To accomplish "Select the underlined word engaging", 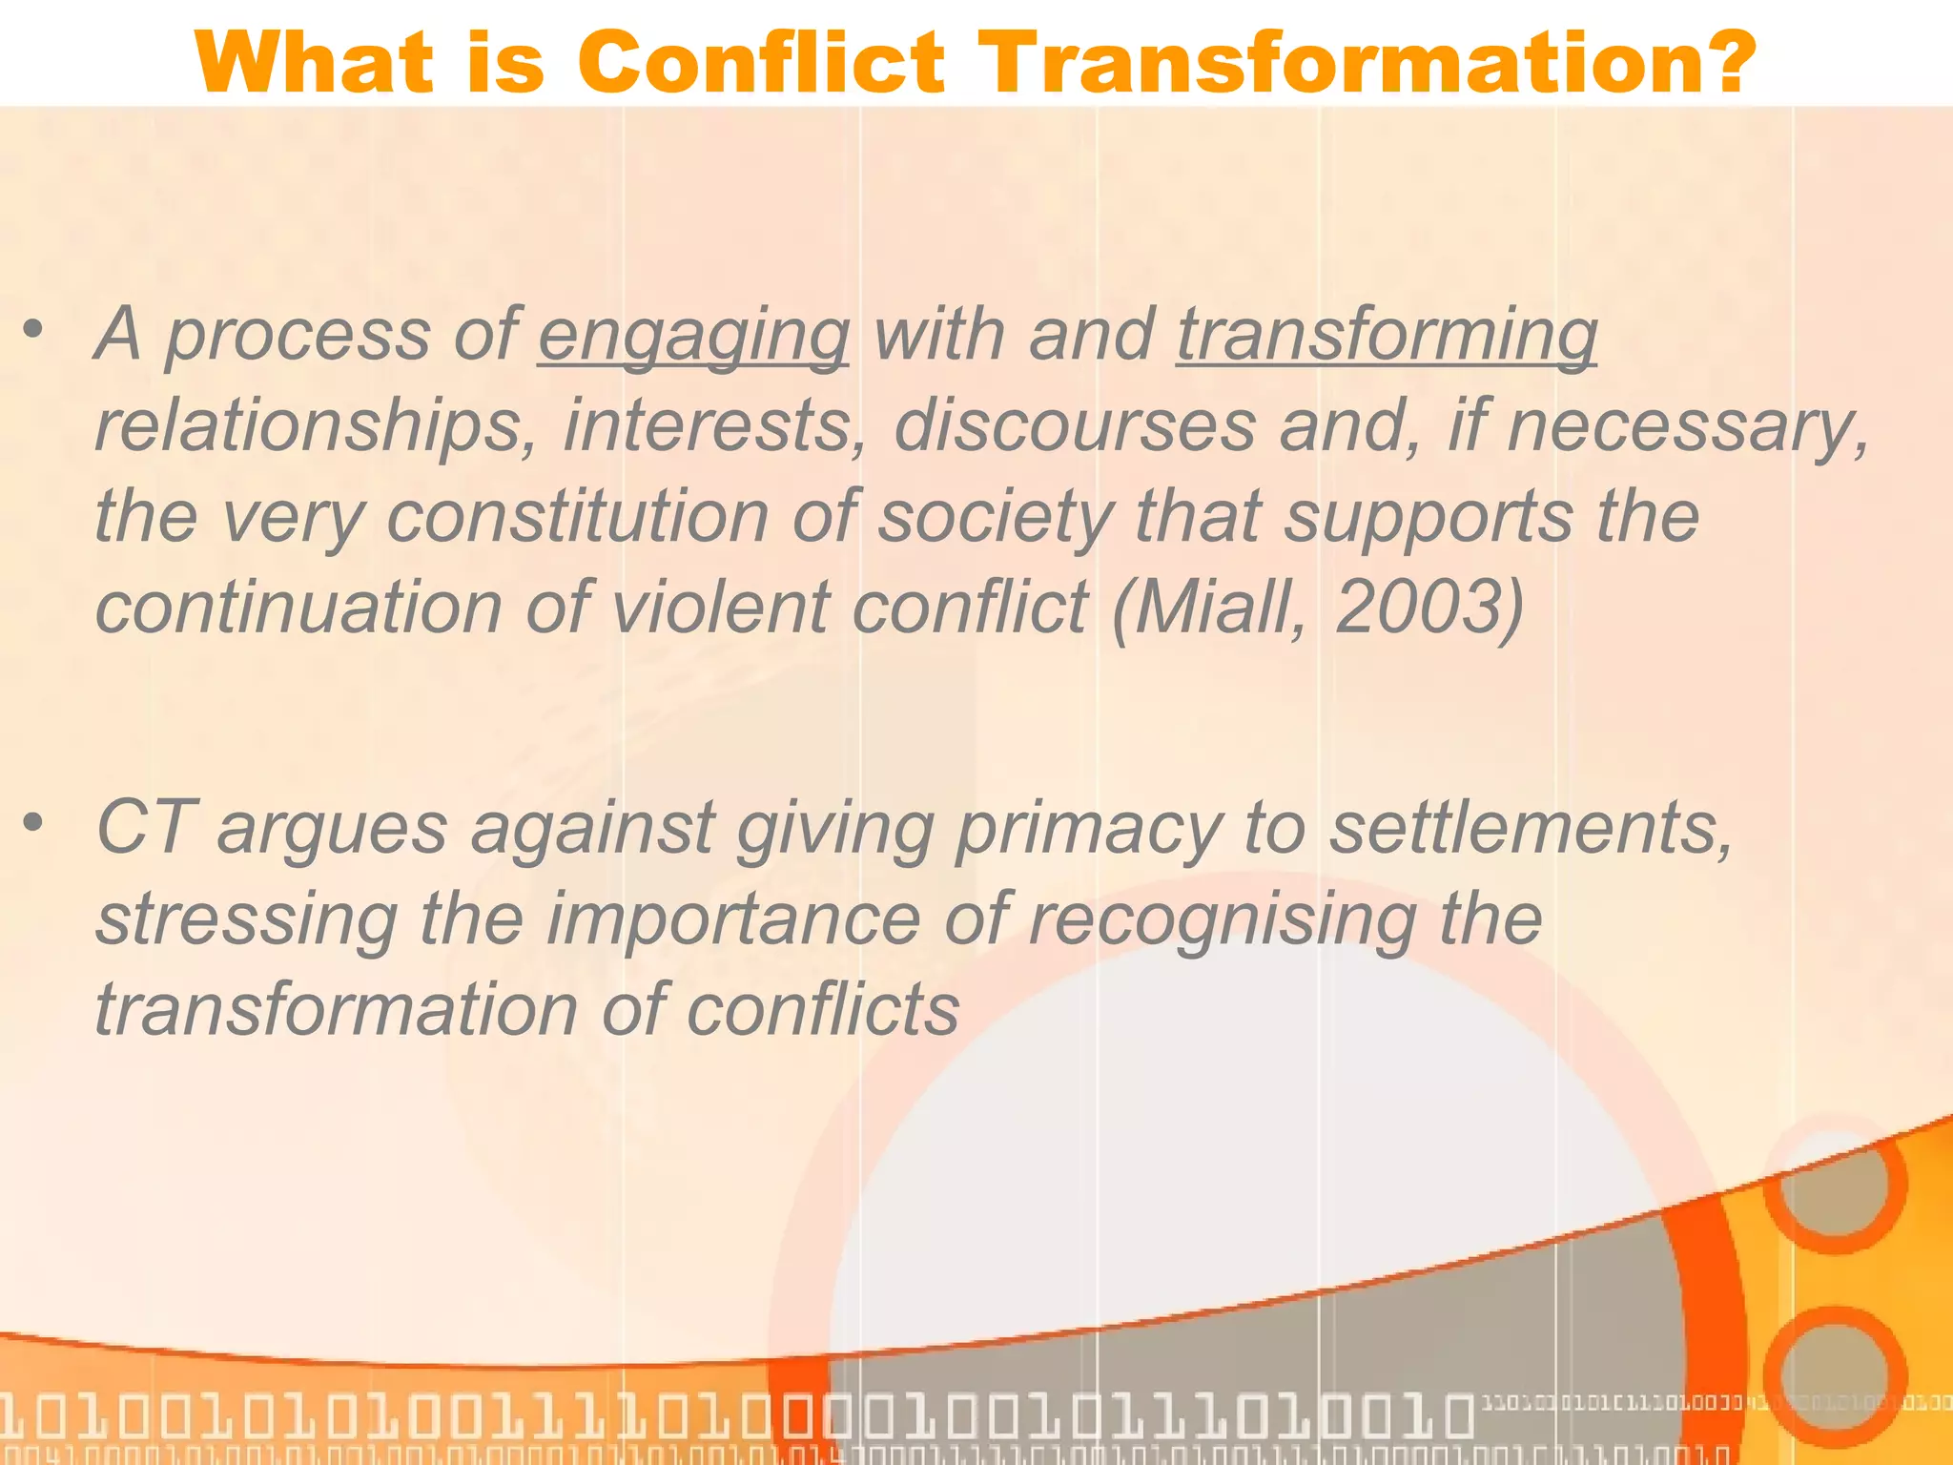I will tap(693, 336).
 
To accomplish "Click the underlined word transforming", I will tap(1387, 336).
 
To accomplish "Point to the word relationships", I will tap(315, 426).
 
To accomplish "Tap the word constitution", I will tap(577, 517).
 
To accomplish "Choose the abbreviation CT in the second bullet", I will tap(146, 827).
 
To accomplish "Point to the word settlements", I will tap(1531, 827).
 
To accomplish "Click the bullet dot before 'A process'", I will tap(34, 330).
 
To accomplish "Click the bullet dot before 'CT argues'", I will tap(34, 821).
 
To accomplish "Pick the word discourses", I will tap(1074, 426).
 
